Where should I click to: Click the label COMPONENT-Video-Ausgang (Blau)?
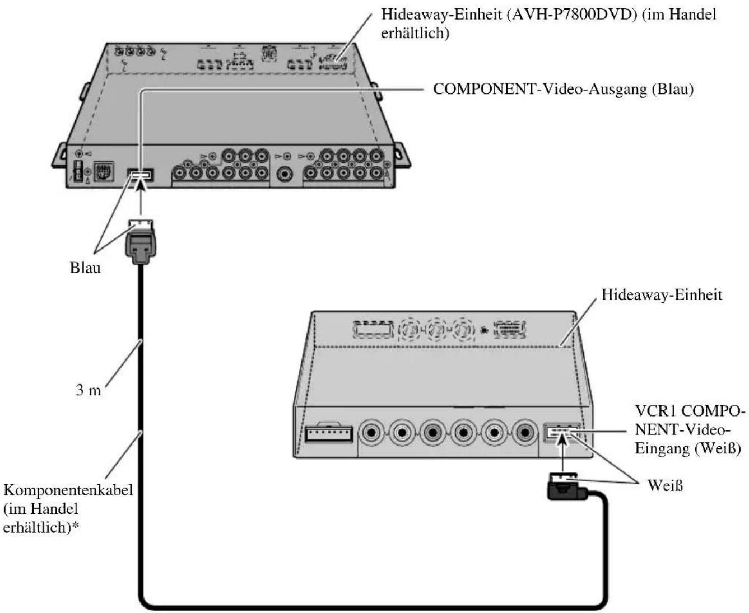[x=563, y=89]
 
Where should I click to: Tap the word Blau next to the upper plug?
[x=85, y=268]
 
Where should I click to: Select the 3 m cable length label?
[x=89, y=390]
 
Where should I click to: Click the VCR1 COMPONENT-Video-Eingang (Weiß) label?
[x=689, y=430]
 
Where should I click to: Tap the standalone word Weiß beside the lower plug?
[x=665, y=485]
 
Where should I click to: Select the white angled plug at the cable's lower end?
[x=564, y=486]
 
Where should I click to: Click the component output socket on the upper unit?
[x=140, y=176]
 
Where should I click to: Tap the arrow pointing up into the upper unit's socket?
[x=140, y=196]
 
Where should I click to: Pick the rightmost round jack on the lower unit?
[x=524, y=432]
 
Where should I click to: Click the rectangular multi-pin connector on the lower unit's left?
[x=329, y=433]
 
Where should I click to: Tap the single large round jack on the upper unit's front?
[x=286, y=172]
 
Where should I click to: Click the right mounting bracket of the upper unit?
[x=402, y=155]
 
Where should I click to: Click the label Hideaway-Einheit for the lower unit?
[x=662, y=294]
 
